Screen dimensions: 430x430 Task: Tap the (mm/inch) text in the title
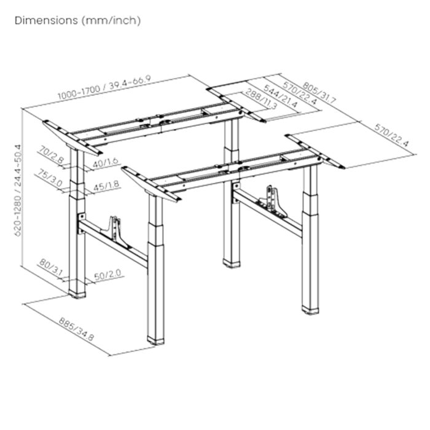tap(111, 20)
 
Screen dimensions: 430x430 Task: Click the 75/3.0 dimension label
tap(54, 178)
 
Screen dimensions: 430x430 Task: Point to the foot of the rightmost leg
tap(311, 309)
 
